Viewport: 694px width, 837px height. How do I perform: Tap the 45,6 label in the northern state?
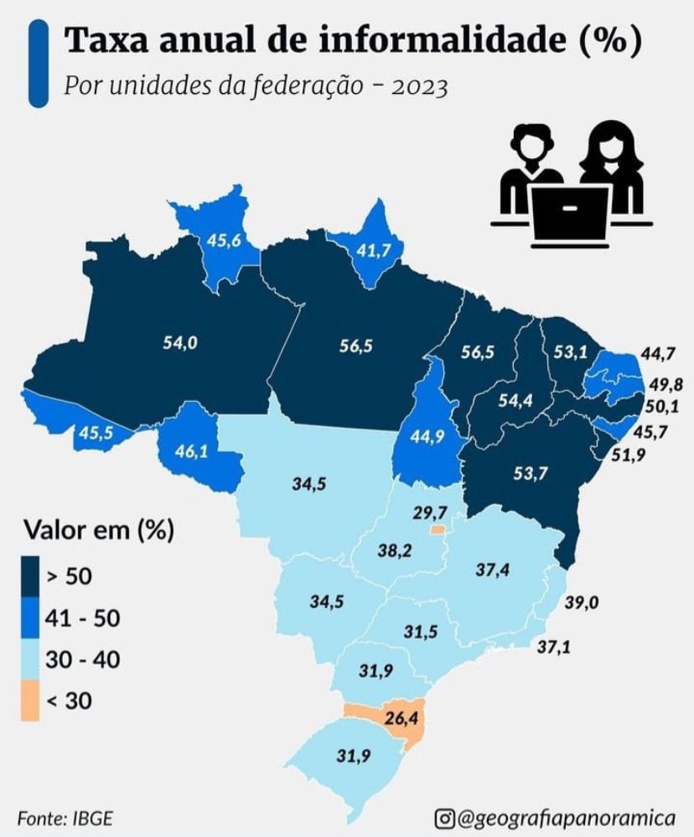click(224, 240)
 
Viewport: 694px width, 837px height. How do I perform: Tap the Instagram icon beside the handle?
click(446, 816)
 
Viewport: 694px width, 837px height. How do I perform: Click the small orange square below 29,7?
click(437, 530)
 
